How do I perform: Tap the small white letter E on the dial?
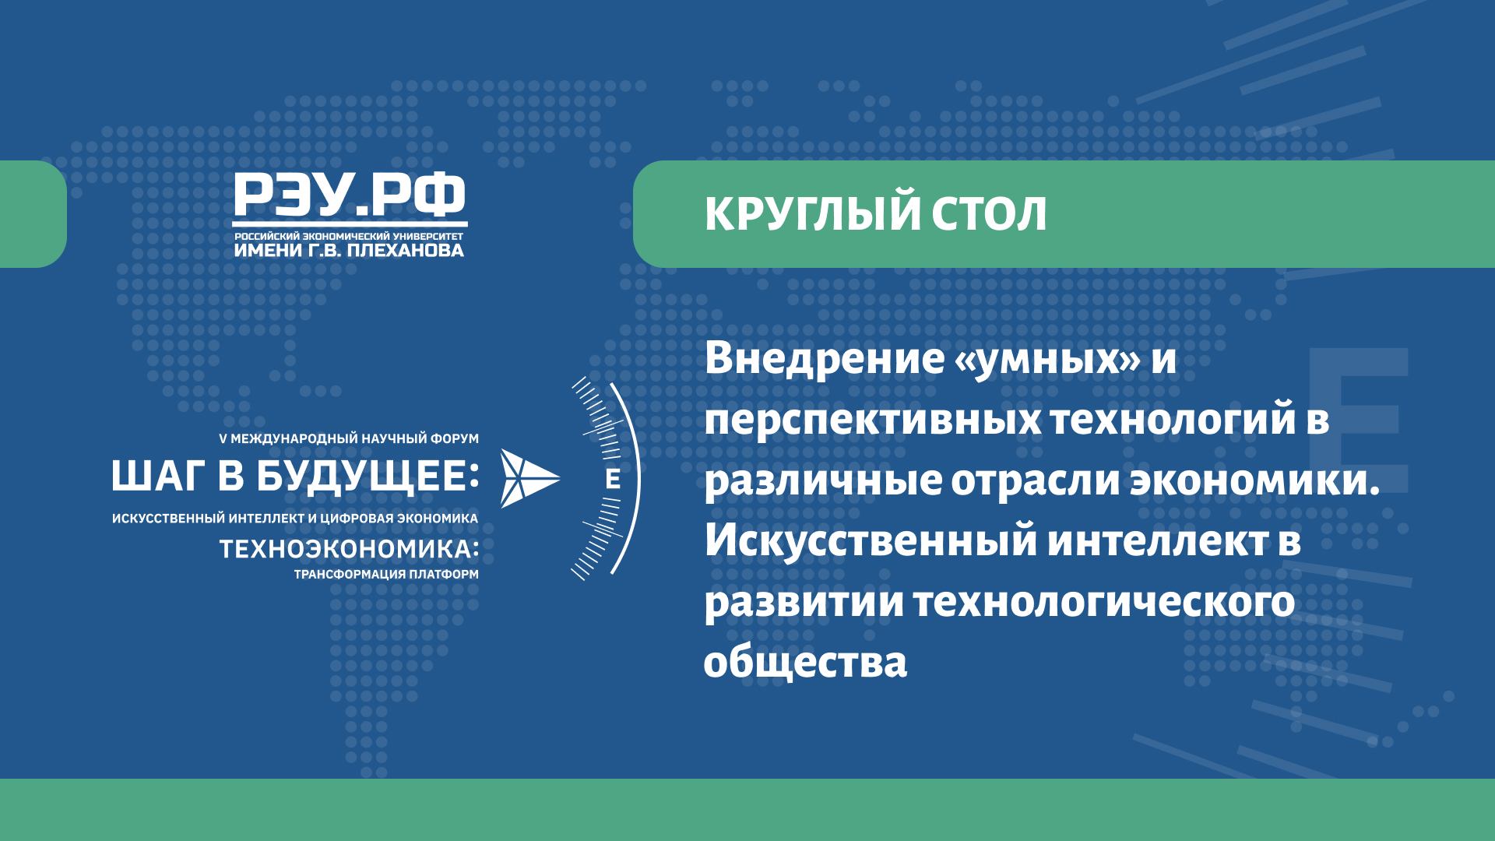click(613, 479)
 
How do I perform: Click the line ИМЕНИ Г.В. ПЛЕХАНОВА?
click(350, 250)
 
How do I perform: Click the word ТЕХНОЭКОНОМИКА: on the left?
click(350, 549)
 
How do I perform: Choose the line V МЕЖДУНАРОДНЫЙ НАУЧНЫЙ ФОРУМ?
click(350, 439)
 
